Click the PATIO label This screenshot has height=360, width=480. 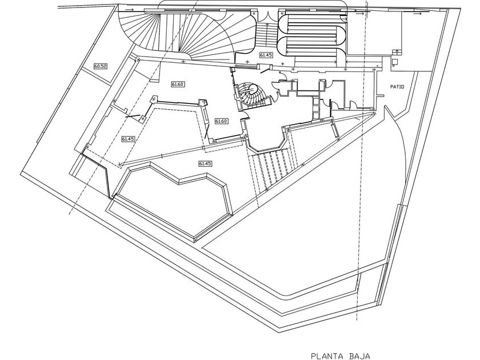(x=397, y=87)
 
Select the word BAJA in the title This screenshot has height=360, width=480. (x=359, y=356)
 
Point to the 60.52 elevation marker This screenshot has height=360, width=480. (x=101, y=66)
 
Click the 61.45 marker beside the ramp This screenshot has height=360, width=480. (x=266, y=55)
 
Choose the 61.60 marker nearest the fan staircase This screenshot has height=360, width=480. (x=178, y=84)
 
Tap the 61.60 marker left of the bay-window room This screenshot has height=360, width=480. (x=221, y=121)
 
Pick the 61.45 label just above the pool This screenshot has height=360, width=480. (x=205, y=164)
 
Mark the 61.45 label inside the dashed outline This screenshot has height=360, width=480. (x=128, y=139)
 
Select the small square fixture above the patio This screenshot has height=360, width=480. (x=395, y=61)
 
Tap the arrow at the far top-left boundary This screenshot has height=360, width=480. (x=130, y=10)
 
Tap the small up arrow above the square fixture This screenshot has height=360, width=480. (x=397, y=51)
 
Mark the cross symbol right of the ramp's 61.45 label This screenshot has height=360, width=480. (x=282, y=63)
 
